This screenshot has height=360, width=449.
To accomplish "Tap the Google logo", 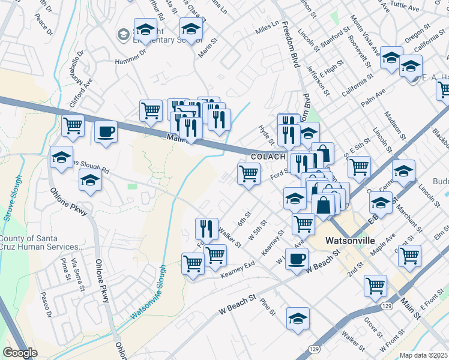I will click(x=20, y=353).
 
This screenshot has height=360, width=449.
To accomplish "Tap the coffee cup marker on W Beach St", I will click(x=297, y=259).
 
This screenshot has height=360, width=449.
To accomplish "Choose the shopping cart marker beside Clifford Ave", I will click(x=73, y=126).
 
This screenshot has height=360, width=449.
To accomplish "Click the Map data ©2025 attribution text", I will click(x=423, y=355).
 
